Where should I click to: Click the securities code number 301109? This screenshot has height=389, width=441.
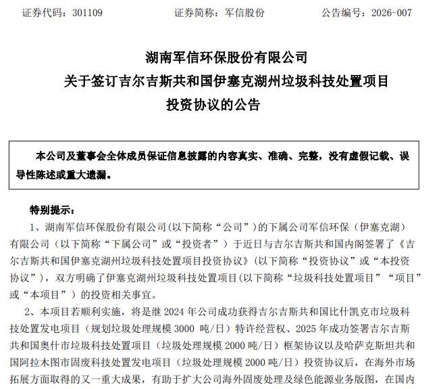[x=88, y=13]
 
